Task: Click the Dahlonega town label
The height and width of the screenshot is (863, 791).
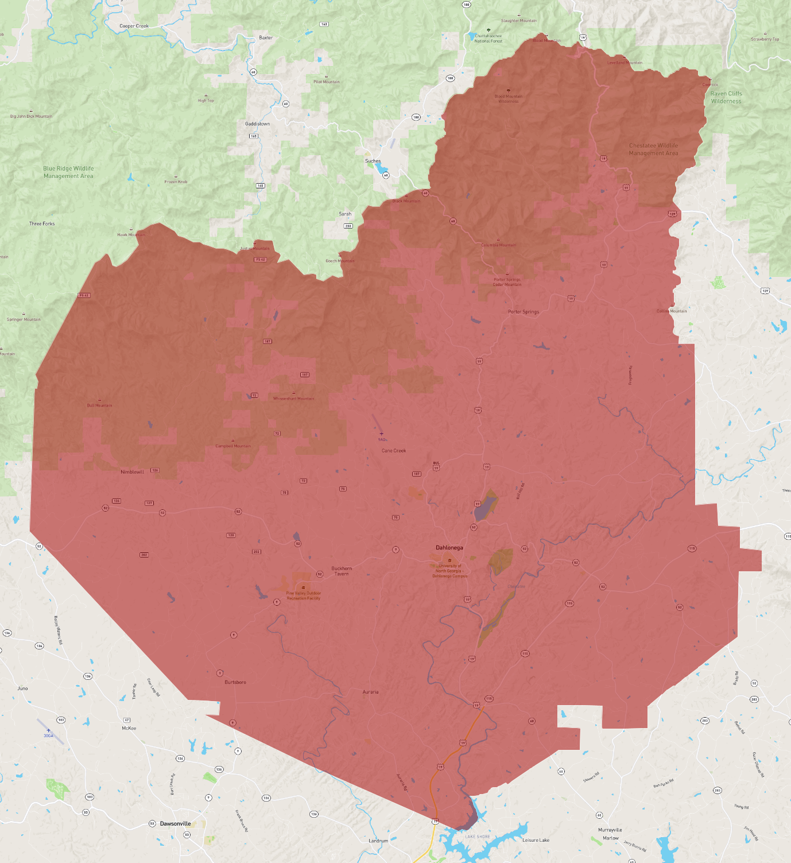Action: tap(449, 548)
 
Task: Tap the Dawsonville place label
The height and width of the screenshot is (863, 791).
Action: tap(175, 823)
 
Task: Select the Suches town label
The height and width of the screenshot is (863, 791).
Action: tap(373, 161)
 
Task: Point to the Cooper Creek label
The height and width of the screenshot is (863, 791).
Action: tap(134, 26)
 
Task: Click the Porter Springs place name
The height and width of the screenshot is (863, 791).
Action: tap(524, 312)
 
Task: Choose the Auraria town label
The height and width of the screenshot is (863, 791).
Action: tap(370, 692)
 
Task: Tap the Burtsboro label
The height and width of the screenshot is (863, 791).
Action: tap(235, 682)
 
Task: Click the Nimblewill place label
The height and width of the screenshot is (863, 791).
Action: tap(132, 472)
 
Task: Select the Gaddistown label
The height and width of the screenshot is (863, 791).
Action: tap(257, 124)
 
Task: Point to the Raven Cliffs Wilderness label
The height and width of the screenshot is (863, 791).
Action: tap(726, 98)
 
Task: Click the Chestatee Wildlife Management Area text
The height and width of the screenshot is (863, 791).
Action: tap(653, 149)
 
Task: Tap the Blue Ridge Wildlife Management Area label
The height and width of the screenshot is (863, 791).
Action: tap(68, 172)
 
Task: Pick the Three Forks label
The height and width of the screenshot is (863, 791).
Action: tap(42, 224)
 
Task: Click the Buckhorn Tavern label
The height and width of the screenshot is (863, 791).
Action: tap(342, 571)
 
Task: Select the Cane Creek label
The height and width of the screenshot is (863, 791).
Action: tap(394, 451)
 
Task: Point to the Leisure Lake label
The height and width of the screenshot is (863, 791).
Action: tap(536, 840)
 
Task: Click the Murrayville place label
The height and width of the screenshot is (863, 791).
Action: tap(610, 830)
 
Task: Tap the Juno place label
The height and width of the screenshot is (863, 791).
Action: tap(22, 688)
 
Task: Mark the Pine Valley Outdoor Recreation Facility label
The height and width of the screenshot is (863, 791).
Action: tap(303, 595)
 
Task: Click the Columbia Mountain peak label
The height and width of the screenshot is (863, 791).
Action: tap(498, 245)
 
